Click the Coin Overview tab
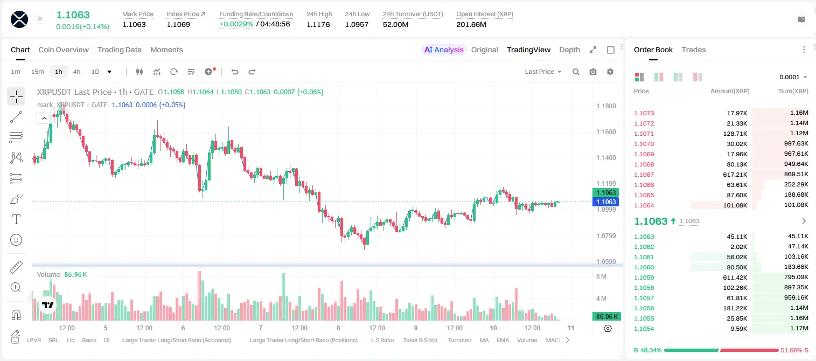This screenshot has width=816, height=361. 64,50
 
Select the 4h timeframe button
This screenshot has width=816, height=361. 76,72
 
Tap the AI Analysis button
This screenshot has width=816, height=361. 444,50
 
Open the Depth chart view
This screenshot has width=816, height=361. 569,50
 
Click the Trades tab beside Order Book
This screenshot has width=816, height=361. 694,50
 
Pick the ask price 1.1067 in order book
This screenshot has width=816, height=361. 644,175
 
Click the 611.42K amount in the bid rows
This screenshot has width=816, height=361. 735,277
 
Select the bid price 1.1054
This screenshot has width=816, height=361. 644,329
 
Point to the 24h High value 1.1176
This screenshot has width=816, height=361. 318,24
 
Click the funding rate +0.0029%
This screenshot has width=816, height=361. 236,24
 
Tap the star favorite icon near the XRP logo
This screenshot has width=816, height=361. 40,18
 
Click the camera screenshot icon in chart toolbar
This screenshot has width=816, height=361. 593,72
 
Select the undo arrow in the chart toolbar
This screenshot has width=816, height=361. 235,72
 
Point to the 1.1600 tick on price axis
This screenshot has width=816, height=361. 606,132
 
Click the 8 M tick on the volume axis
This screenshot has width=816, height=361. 601,276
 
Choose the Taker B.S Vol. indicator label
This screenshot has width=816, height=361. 420,340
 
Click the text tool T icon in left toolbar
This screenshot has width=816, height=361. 16,219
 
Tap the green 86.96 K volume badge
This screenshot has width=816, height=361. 606,316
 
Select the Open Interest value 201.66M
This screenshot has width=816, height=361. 471,24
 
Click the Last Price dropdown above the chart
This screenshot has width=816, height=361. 543,72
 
